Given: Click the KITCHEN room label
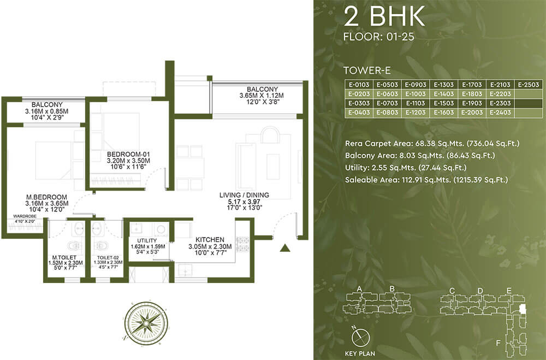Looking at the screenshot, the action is [210, 240].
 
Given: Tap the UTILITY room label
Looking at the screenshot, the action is [147, 240].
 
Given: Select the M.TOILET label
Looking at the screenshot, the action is [64, 257].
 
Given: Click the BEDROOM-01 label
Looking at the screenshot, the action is [128, 155].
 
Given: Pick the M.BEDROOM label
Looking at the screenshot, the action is [46, 197].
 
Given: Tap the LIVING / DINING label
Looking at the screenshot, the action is [244, 195].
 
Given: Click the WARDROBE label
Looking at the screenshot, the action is [25, 216].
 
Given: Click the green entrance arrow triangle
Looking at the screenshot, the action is [285, 248].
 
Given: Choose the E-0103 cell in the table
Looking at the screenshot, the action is [359, 85].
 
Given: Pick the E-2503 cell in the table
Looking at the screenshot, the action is [529, 85].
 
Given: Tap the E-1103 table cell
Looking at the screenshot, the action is [416, 103].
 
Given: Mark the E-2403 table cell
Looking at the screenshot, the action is [500, 113].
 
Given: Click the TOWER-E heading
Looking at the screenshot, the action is [367, 71].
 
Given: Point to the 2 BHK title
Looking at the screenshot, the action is [384, 16].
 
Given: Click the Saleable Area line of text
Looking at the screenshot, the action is [426, 180].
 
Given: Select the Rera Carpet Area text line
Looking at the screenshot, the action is [432, 143].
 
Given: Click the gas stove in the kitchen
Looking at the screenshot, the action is [243, 244].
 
